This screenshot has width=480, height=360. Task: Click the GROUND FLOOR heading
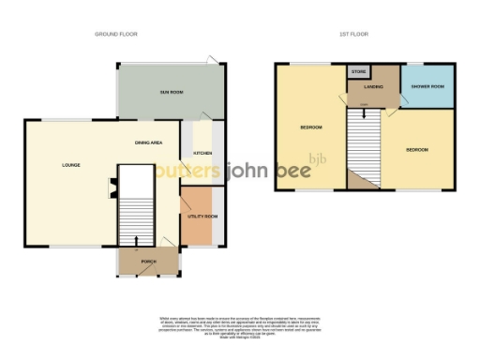(116, 35)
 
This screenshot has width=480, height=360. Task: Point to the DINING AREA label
(149, 142)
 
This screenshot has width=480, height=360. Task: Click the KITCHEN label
(202, 153)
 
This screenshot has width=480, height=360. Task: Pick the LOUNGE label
(70, 165)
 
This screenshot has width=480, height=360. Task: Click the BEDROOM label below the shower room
(417, 150)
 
